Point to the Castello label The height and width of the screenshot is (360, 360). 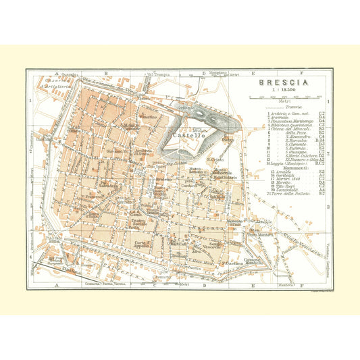click(186, 136)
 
